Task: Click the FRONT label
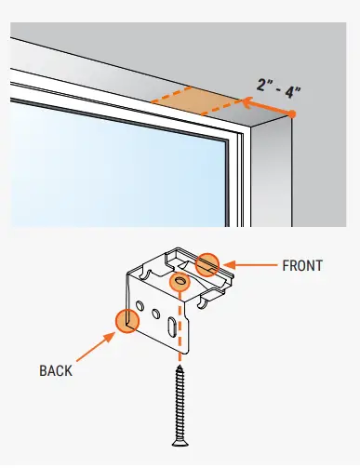301,265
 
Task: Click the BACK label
55,370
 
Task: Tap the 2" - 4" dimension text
279,90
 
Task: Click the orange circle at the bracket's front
209,264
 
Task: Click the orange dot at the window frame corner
292,114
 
